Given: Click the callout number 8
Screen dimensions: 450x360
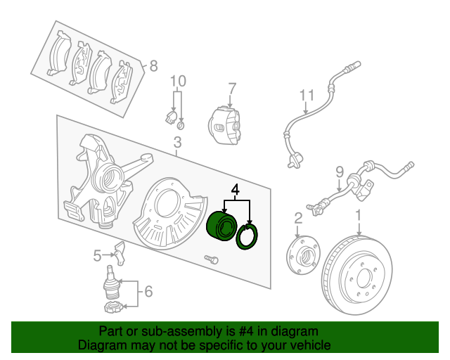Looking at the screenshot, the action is (153, 65).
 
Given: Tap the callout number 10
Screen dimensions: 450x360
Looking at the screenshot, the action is (178, 82).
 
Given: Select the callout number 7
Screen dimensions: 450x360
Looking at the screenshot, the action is (232, 89).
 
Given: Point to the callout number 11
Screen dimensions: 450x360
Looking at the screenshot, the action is (307, 96).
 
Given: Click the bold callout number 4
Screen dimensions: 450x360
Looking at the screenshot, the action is (235, 189).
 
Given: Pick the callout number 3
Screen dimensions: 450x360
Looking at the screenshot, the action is (178, 142).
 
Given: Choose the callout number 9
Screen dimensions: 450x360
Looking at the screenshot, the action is (340, 172).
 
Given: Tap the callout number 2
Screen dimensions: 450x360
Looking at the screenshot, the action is (298, 218).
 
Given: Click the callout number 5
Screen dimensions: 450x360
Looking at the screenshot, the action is (97, 255).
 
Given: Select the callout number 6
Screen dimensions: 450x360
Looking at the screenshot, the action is (148, 291).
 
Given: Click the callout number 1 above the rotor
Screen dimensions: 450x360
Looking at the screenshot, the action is (359, 216).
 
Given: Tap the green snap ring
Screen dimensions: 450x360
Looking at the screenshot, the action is (247, 237).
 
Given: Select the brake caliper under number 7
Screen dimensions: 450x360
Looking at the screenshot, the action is (224, 126).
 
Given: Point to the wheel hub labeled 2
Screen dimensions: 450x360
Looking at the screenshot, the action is (303, 255).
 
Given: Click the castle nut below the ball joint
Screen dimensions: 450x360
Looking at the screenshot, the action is (115, 307).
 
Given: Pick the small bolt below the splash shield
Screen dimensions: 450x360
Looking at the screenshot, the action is (211, 259).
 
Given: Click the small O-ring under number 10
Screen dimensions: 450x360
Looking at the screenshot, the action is (181, 125).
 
